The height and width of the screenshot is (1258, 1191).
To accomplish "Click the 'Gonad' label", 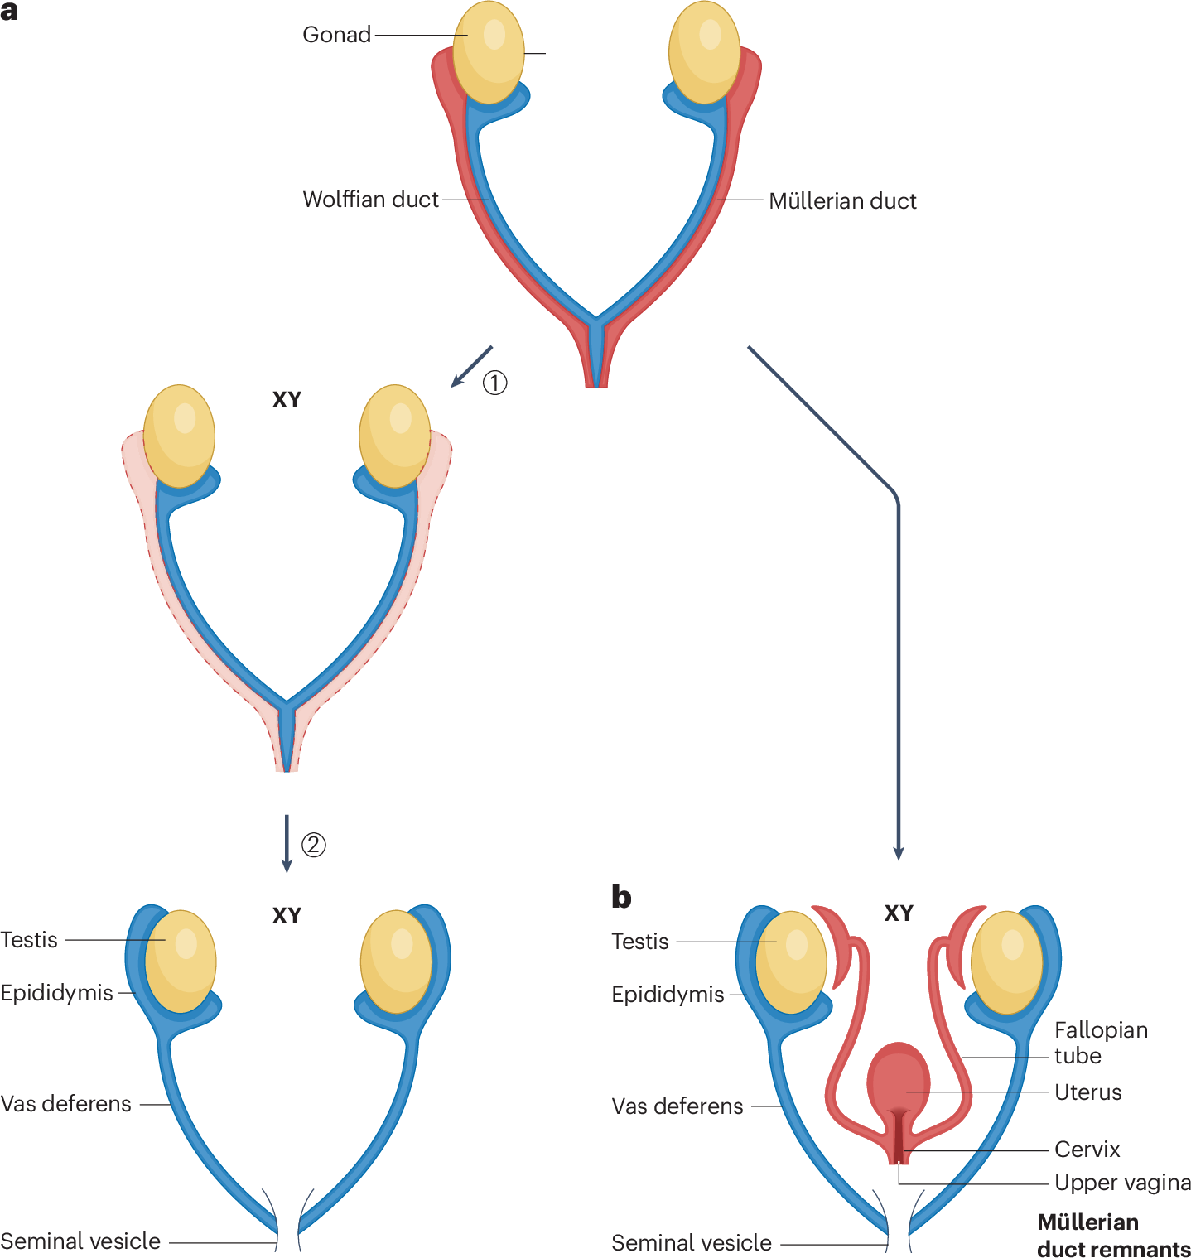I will tap(336, 35).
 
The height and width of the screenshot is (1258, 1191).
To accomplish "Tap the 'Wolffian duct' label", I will tap(370, 200).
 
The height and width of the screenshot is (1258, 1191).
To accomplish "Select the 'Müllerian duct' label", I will tap(842, 201).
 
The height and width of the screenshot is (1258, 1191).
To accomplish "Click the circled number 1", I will tap(494, 383).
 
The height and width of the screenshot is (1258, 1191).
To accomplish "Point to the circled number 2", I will tap(313, 845).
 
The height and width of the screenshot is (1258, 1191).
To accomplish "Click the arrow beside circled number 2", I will tap(287, 843).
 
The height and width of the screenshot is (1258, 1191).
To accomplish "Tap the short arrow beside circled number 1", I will tap(471, 366).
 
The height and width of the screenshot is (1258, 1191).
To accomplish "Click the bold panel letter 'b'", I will tap(621, 897).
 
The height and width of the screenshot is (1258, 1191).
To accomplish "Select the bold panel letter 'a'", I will tap(10, 12).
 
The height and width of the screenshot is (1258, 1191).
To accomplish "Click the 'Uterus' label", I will tap(1087, 1092).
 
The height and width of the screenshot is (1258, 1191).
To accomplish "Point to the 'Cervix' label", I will tap(1087, 1150).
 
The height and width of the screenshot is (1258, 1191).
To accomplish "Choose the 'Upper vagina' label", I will tap(1122, 1183).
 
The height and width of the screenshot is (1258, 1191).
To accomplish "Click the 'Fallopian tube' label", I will tap(1101, 1043).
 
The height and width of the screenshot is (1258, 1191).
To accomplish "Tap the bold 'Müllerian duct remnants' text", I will tap(1112, 1236).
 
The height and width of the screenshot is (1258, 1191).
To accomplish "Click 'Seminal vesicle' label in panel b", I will tap(691, 1243).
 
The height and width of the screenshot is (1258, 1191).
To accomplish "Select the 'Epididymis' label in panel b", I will tap(668, 995).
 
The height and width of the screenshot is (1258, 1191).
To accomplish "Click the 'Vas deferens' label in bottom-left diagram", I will tap(66, 1104).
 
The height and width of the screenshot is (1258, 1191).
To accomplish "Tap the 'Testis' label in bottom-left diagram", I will tap(29, 940).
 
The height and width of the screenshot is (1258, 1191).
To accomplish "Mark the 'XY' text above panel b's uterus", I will tap(899, 913).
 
